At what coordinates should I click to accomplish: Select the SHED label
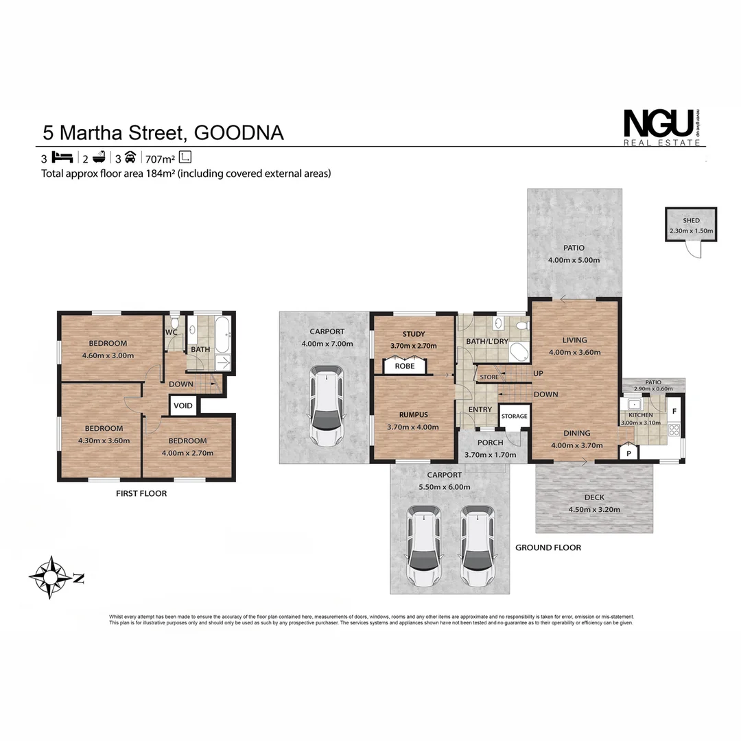691,220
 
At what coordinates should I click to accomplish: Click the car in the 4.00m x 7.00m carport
327,405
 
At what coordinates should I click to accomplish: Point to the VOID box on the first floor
183,405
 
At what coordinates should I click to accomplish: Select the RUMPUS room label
413,414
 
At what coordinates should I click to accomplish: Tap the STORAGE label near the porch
514,416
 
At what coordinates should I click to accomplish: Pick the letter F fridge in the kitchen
674,412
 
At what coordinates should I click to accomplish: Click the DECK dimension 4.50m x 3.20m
585,509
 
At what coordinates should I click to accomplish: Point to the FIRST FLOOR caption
142,493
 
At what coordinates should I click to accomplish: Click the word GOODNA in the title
239,132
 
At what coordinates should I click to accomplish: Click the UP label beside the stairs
539,373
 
